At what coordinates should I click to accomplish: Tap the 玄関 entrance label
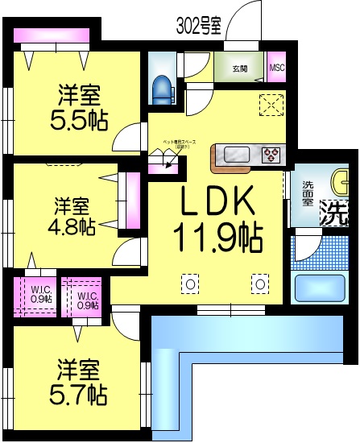241,68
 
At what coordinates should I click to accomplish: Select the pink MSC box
277,68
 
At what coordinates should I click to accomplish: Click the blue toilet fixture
160,87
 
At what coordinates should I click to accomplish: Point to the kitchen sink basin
238,153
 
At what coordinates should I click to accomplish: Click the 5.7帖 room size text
78,394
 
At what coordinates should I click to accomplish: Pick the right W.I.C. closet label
88,300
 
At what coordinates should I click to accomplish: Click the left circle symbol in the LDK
191,283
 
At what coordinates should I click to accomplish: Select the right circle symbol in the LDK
259,283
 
